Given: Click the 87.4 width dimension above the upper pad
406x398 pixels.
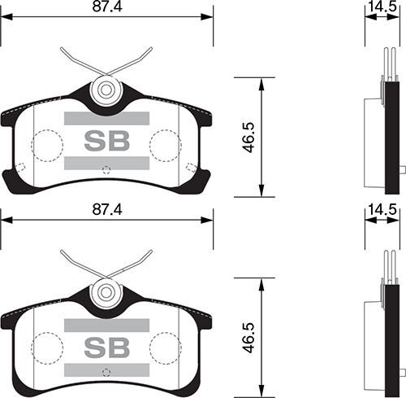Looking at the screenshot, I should [106, 8].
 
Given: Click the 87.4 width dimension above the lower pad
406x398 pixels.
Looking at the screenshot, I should [106, 209].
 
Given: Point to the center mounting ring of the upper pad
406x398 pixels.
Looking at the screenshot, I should [106, 90].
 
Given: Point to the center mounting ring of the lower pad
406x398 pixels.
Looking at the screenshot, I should [106, 291].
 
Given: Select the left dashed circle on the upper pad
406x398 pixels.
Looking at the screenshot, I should [47, 147].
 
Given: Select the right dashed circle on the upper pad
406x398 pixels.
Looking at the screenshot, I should [165, 147].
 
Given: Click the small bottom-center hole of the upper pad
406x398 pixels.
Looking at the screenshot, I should [106, 169].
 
